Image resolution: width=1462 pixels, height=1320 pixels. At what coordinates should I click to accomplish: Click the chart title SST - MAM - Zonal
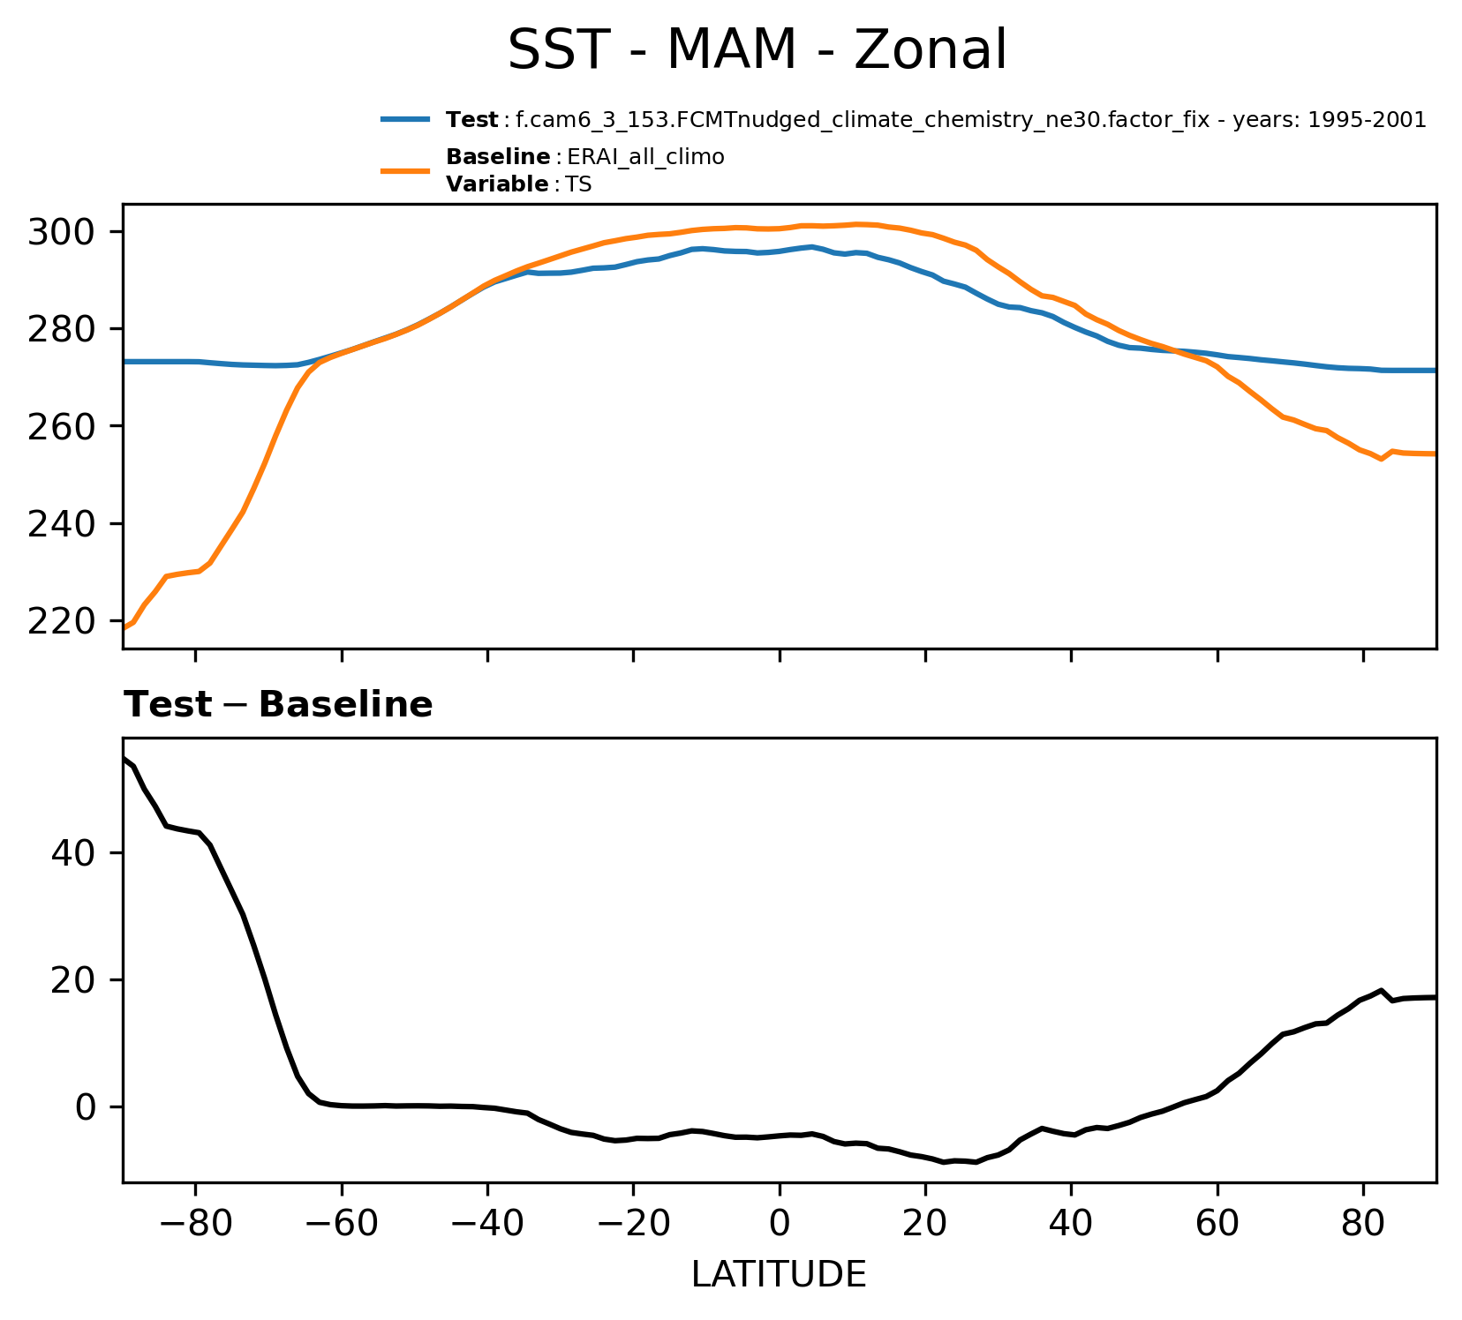point(757,50)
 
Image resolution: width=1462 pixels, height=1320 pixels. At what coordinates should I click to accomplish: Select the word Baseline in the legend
point(498,157)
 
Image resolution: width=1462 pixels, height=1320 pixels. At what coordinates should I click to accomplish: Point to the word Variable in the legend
point(497,184)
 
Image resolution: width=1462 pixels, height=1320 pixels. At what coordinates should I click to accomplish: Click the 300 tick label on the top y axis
point(62,232)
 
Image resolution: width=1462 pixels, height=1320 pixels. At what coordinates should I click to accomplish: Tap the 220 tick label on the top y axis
point(62,622)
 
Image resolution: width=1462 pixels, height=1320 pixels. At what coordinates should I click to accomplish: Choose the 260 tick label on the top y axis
point(62,427)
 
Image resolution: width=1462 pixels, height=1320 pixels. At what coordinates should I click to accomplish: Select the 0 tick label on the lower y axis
point(86,1107)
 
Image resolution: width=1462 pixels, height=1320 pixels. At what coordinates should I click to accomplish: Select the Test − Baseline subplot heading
point(278,705)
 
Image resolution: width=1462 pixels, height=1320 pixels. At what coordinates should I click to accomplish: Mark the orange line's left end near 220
point(124,627)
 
